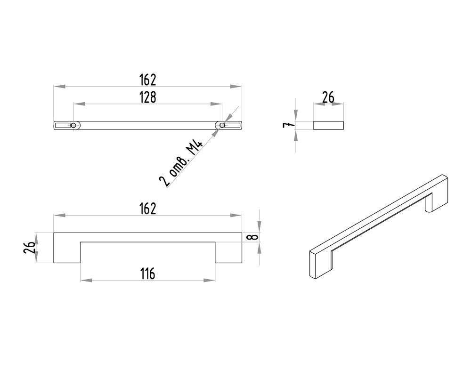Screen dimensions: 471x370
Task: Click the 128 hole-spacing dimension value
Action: coord(148,97)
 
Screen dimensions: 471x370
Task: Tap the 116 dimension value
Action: coord(148,273)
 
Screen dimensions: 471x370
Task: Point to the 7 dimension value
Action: coord(287,125)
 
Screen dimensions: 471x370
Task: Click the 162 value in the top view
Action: coord(148,80)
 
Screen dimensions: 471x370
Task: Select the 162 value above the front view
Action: coord(148,209)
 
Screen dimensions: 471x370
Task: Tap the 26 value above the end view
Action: coord(328,97)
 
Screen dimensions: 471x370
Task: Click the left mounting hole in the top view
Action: coord(73,125)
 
